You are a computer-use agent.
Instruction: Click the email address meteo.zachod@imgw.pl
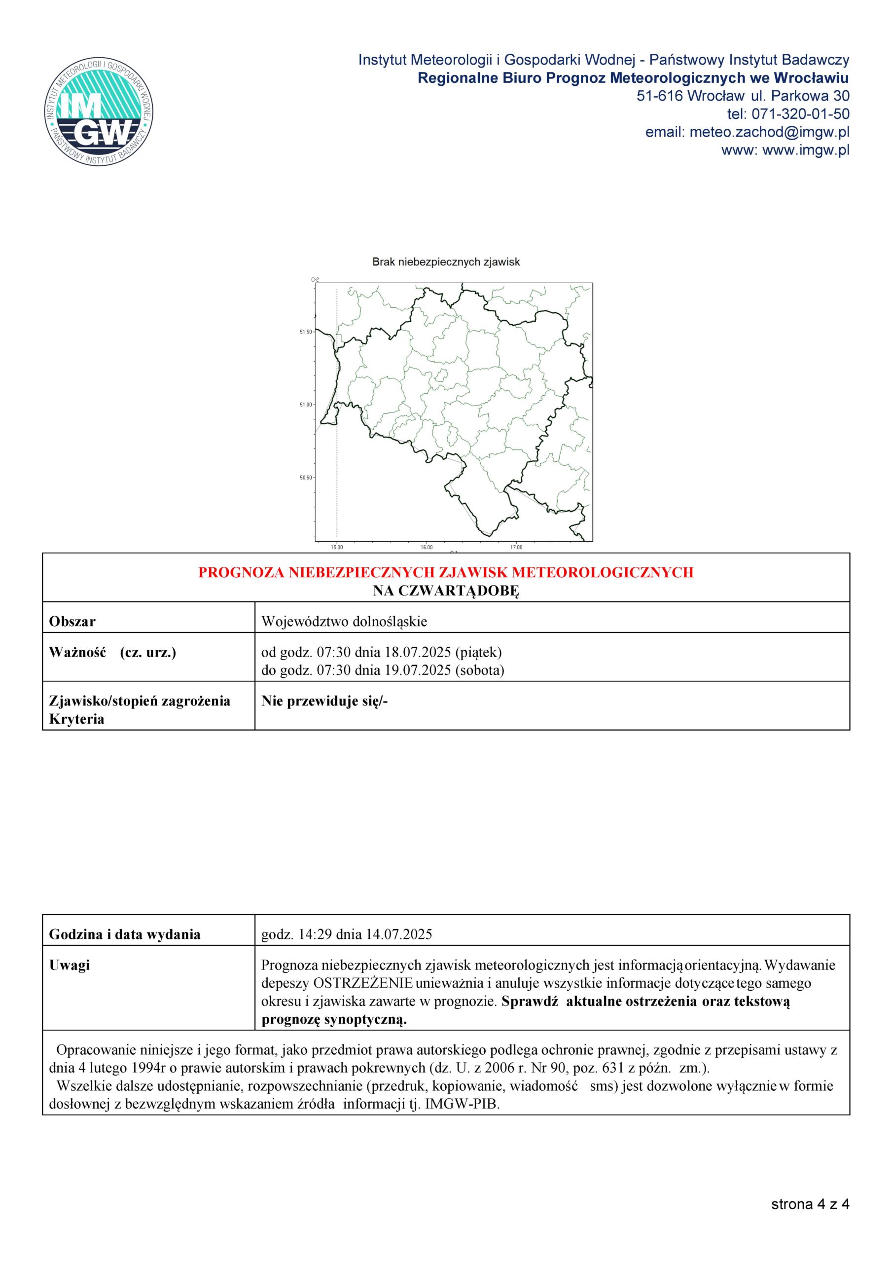769,133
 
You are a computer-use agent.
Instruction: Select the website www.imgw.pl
806,150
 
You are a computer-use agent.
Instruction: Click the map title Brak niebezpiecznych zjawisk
446,262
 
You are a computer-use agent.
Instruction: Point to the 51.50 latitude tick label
306,332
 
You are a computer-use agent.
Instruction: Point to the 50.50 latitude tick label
306,478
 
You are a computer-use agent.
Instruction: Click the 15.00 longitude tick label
337,547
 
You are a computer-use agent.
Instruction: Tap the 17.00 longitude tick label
516,547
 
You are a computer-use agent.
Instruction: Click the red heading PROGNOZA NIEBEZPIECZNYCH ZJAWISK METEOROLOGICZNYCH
445,573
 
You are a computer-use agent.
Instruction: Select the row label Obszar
72,622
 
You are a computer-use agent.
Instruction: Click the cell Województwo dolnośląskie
344,622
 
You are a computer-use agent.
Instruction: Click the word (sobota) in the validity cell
480,670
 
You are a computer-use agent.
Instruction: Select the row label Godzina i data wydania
125,934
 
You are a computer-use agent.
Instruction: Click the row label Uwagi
70,966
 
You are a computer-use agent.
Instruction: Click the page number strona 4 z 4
810,1205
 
